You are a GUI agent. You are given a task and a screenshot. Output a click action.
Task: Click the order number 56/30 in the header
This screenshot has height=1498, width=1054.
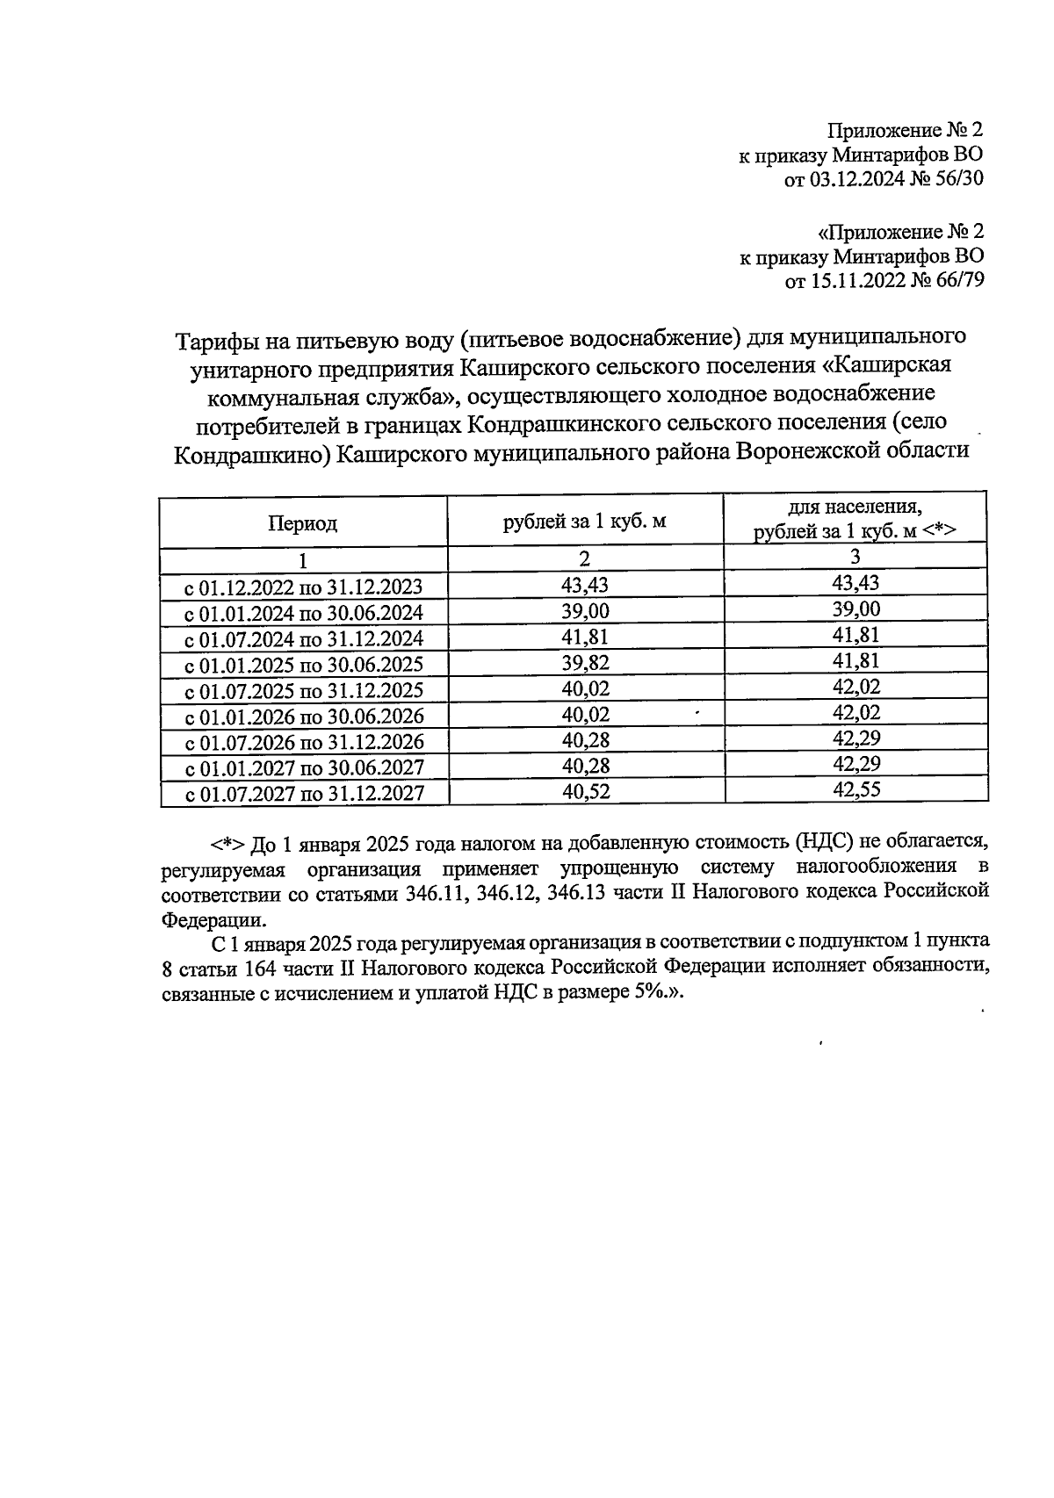(x=954, y=180)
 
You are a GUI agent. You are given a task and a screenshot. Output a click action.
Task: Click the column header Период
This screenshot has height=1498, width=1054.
(x=303, y=524)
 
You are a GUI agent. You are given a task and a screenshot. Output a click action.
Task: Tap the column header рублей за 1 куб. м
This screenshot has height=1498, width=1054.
(x=585, y=522)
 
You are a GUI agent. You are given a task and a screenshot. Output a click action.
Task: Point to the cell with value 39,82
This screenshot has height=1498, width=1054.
(x=585, y=663)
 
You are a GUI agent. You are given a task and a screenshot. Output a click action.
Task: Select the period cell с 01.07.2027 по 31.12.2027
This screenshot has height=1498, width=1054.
(x=303, y=794)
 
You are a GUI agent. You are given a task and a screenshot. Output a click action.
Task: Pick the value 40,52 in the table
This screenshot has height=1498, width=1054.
(x=585, y=792)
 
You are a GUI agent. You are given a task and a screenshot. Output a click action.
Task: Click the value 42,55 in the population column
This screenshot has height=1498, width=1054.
(x=855, y=789)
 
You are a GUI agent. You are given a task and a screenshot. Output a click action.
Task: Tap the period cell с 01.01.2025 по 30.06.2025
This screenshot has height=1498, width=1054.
(x=303, y=664)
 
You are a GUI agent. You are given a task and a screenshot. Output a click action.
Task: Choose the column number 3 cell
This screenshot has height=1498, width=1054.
(x=855, y=557)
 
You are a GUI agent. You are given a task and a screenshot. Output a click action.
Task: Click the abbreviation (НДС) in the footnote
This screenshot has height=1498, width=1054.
(x=827, y=843)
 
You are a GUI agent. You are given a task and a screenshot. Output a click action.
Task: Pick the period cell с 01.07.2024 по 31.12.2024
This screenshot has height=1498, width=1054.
(x=303, y=638)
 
